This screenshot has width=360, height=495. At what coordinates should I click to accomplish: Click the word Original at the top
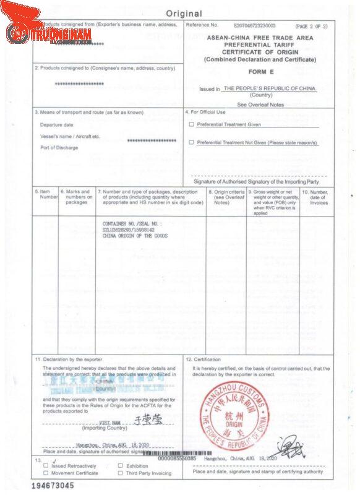pyautogui.click(x=184, y=14)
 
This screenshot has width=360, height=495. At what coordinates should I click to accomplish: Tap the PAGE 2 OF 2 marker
pyautogui.click(x=311, y=26)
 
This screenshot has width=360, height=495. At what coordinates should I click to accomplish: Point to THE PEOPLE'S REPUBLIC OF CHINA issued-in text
pyautogui.click(x=269, y=88)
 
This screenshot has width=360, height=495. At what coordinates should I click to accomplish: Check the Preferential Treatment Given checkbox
pyautogui.click(x=191, y=124)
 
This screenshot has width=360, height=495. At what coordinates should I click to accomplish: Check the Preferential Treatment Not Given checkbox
pyautogui.click(x=191, y=142)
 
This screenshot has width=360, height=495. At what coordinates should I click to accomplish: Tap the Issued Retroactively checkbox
pyautogui.click(x=46, y=465)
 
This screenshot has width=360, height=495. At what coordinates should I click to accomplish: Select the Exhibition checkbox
pyautogui.click(x=121, y=465)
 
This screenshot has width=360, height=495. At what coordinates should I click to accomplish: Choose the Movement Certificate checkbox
pyautogui.click(x=46, y=473)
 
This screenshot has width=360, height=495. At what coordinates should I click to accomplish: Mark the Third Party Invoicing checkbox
pyautogui.click(x=121, y=473)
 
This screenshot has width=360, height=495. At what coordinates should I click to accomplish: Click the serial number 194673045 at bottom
pyautogui.click(x=53, y=486)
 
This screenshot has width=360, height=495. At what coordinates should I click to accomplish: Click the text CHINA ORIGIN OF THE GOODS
pyautogui.click(x=134, y=235)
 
